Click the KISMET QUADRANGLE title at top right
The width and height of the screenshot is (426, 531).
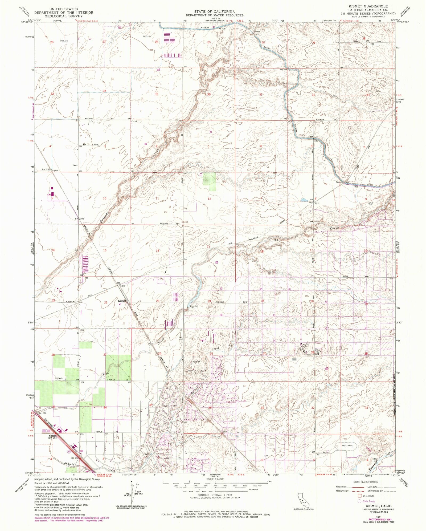tap(368, 6)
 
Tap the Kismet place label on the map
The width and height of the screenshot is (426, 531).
tap(122, 301)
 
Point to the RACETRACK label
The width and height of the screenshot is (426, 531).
tap(347, 445)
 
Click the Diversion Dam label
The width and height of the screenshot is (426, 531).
tap(194, 307)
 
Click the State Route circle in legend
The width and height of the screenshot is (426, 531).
tap(360, 501)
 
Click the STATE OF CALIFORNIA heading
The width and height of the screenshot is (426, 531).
tap(214, 11)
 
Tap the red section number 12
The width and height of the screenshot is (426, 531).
tap(209, 199)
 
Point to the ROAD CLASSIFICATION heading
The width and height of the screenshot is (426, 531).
tap(366, 482)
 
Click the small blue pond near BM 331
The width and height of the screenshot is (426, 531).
tap(303, 200)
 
